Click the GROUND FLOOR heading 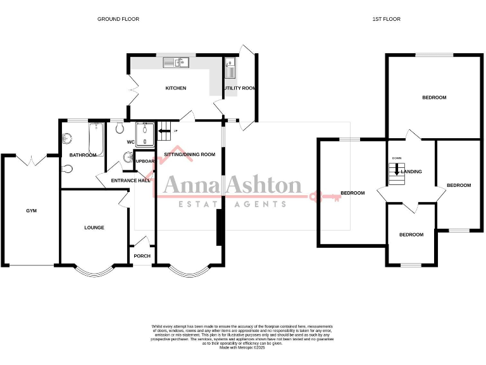pyautogui.click(x=118, y=19)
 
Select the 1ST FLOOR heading pyautogui.click(x=386, y=19)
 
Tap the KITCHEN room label pyautogui.click(x=176, y=88)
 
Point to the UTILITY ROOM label pyautogui.click(x=240, y=88)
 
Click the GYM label pyautogui.click(x=32, y=210)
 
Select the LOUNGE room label pyautogui.click(x=94, y=227)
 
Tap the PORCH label pyautogui.click(x=141, y=256)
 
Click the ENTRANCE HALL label pyautogui.click(x=130, y=181)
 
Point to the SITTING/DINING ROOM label pyautogui.click(x=190, y=155)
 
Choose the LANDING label pyautogui.click(x=411, y=172)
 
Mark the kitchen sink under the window pyautogui.click(x=177, y=62)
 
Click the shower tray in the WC pyautogui.click(x=145, y=134)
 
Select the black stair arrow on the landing pyautogui.click(x=396, y=170)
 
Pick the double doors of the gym pyautogui.click(x=30, y=160)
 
